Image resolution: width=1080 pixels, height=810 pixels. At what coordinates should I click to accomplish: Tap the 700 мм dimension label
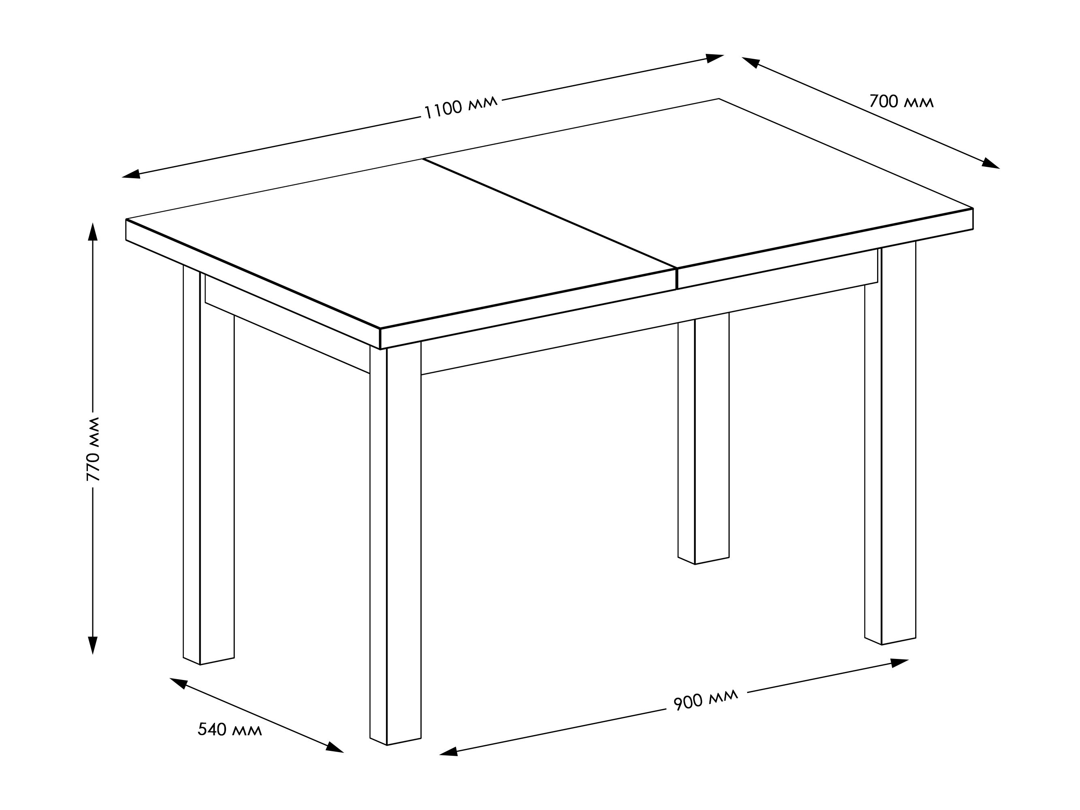pos(901,102)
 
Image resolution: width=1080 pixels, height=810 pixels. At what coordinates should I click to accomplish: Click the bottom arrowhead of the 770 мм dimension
pos(93,646)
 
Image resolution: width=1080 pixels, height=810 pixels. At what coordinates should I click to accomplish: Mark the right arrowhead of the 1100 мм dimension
pos(714,58)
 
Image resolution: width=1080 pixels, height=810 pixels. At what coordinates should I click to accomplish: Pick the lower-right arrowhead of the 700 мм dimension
pos(991,164)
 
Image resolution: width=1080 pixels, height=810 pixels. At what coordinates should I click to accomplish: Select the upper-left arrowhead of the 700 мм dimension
pos(751,62)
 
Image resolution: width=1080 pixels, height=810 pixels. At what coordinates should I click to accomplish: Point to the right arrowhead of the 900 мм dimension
pos(899,663)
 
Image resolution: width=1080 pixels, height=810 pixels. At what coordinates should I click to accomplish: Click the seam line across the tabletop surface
pos(550,213)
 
